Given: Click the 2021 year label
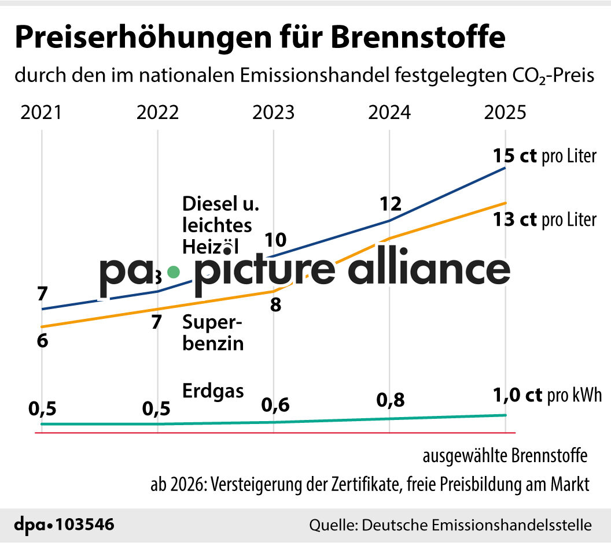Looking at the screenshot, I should (41, 112).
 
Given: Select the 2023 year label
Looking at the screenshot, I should (273, 112).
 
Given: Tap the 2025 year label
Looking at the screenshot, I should (505, 112).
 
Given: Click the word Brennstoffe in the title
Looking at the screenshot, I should (418, 38).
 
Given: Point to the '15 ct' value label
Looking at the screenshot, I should (515, 156).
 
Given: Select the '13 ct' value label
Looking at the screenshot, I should (515, 220).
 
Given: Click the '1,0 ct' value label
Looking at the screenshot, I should (517, 395).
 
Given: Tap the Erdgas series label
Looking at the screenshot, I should (213, 390).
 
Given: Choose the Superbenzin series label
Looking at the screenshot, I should (213, 333).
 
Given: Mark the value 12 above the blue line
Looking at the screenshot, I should (391, 203).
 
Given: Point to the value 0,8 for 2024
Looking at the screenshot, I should (391, 400).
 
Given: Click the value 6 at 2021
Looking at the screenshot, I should (42, 341).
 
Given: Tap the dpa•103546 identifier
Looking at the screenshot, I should (64, 525).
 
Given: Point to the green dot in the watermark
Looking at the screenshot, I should (172, 271).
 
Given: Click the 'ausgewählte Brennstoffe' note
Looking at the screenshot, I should (505, 456).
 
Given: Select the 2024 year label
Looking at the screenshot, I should (390, 112).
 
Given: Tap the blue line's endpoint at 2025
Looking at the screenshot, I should (506, 168).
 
